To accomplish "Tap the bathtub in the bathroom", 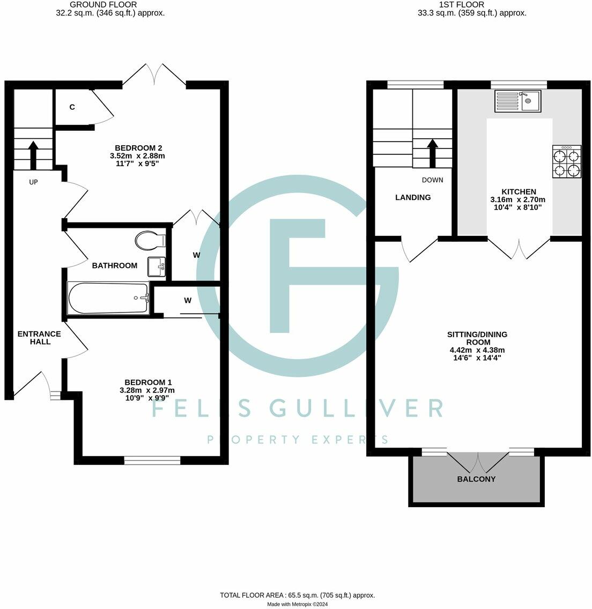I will [108, 299].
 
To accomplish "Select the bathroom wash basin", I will [157, 265].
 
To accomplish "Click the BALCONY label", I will [476, 479].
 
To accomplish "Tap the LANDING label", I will [413, 197].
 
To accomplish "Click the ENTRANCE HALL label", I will [39, 338].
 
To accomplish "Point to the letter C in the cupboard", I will [72, 107].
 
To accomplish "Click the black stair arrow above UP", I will [33, 154].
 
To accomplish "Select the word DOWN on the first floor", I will [432, 180].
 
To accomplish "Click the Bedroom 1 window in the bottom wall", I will [152, 460].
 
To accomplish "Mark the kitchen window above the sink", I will [519, 84].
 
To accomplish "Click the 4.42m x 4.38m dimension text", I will [477, 350].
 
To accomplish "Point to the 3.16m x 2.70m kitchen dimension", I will [518, 199].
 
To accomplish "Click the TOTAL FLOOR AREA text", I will [297, 595].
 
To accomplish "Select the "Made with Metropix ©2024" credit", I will [297, 604].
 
